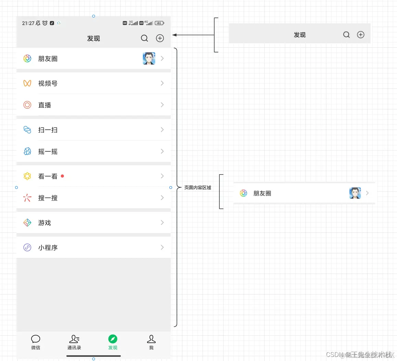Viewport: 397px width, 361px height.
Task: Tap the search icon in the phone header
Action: pos(144,38)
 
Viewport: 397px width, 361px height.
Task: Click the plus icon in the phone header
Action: pos(160,38)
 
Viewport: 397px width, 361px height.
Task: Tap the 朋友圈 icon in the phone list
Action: pos(27,59)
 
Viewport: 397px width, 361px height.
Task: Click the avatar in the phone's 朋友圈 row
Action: pos(149,58)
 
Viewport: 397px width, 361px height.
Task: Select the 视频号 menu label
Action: pos(48,83)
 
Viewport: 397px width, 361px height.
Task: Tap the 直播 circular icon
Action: pos(27,105)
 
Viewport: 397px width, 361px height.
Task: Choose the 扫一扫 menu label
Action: pos(48,130)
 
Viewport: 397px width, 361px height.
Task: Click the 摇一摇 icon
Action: pos(27,151)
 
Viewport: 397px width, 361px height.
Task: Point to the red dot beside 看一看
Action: pos(62,176)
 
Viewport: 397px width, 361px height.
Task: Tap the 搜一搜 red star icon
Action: pos(27,198)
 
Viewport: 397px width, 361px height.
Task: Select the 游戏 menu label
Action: pos(45,223)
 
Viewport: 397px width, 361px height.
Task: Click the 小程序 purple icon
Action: pos(27,248)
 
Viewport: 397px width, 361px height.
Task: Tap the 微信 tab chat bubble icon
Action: pos(36,339)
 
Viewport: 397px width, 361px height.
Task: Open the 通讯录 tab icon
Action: pos(74,339)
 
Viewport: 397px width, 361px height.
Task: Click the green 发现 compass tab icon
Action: pos(113,339)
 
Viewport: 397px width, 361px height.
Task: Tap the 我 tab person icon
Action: pos(151,339)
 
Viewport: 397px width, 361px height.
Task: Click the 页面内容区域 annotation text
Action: pos(198,188)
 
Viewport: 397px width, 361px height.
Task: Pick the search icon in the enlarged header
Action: pos(346,35)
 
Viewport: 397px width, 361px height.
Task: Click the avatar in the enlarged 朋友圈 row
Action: pos(355,193)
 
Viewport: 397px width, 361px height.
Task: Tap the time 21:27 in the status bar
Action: pos(28,23)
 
